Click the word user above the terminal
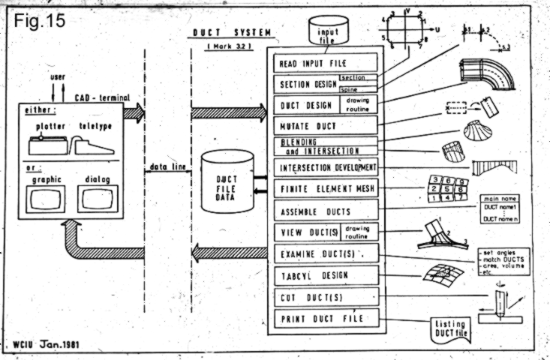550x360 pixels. click(58, 78)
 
